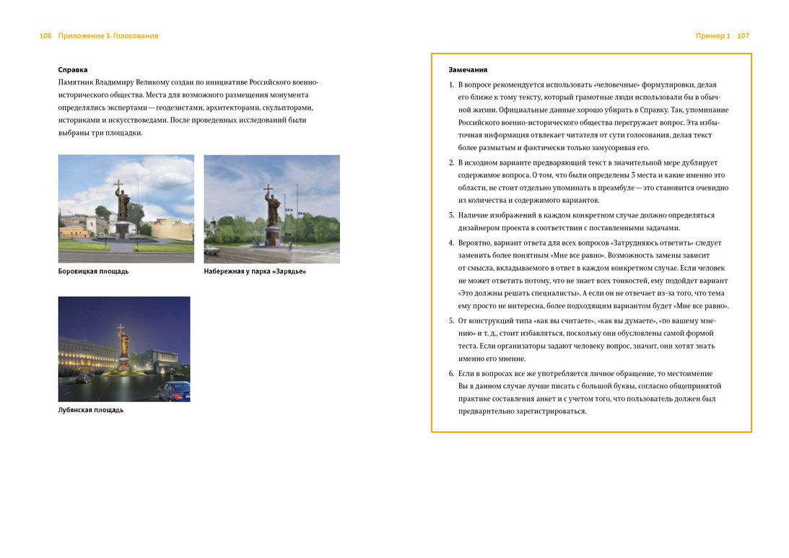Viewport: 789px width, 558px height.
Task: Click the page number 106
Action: pos(45,35)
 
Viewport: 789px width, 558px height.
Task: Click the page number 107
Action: pos(744,35)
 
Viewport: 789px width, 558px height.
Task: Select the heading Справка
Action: pos(73,70)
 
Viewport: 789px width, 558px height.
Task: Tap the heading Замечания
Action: pos(468,70)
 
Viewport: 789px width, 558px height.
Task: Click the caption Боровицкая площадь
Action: pos(93,271)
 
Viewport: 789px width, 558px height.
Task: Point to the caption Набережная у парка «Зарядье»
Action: pos(255,271)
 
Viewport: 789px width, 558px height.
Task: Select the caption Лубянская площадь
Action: pos(91,410)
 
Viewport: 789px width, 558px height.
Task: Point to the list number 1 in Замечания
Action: pos(451,85)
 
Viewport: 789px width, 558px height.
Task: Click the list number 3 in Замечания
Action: pos(451,215)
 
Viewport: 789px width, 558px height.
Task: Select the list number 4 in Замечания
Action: pos(451,243)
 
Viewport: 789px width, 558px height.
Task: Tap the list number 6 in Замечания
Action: pos(451,374)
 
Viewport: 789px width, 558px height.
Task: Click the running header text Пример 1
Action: pos(713,35)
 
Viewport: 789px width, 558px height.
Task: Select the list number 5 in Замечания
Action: pos(451,321)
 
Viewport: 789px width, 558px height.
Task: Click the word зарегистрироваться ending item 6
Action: pos(546,411)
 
